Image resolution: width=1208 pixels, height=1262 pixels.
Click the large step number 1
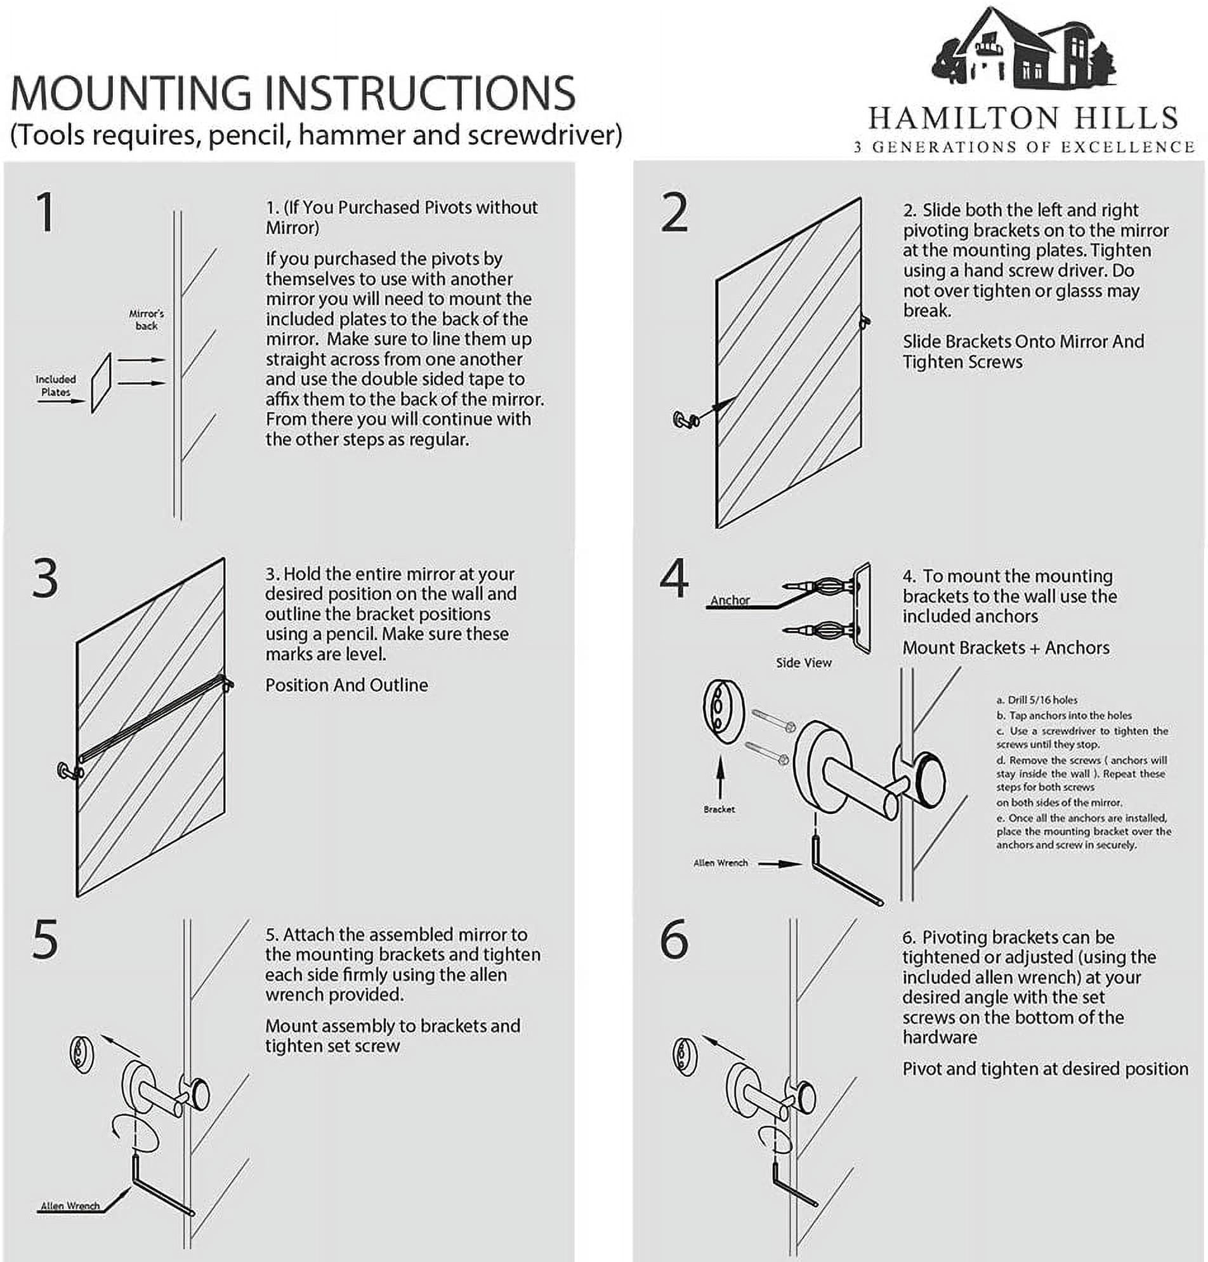[45, 213]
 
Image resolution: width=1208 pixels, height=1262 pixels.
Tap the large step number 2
[674, 213]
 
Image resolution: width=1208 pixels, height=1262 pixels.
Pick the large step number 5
[45, 941]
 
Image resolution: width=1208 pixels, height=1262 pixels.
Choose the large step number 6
[674, 941]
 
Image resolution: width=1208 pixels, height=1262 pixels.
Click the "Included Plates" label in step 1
[56, 386]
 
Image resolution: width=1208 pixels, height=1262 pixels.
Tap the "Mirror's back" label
[146, 320]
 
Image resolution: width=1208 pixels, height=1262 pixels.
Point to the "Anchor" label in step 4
[730, 601]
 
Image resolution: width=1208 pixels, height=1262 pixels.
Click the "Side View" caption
[803, 663]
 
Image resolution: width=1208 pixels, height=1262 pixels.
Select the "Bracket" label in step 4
[719, 809]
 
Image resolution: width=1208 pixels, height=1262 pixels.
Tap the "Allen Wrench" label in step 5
[70, 1206]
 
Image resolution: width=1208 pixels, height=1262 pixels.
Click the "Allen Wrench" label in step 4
[720, 863]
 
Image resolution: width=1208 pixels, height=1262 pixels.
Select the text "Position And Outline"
[346, 685]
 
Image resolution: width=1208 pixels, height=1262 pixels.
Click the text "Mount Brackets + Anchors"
[1005, 648]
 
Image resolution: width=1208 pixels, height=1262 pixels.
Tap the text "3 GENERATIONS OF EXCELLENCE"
[1023, 147]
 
